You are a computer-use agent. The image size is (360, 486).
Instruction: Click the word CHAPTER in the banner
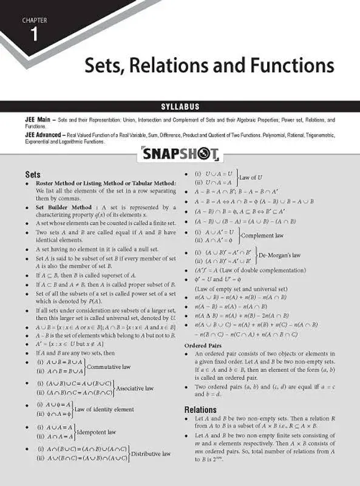pyautogui.click(x=35, y=20)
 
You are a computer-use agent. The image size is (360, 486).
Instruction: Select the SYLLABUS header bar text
pyautogui.click(x=180, y=106)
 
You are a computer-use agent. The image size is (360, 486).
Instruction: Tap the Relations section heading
pyautogui.click(x=200, y=409)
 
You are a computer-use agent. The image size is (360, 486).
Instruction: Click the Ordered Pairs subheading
pyautogui.click(x=203, y=345)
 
